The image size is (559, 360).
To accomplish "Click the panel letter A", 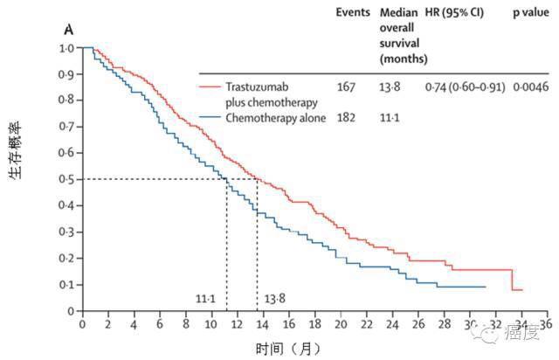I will coord(68,29).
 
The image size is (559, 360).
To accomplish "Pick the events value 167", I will coord(349,87).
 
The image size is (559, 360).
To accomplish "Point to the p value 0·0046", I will coord(533,87).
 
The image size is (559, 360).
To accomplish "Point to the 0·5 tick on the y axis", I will coord(66,179).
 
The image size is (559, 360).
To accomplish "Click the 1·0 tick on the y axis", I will coord(66,48).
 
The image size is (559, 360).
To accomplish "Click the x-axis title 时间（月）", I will coord(288,348).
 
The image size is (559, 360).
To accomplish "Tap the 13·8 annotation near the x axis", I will coord(274,298).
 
